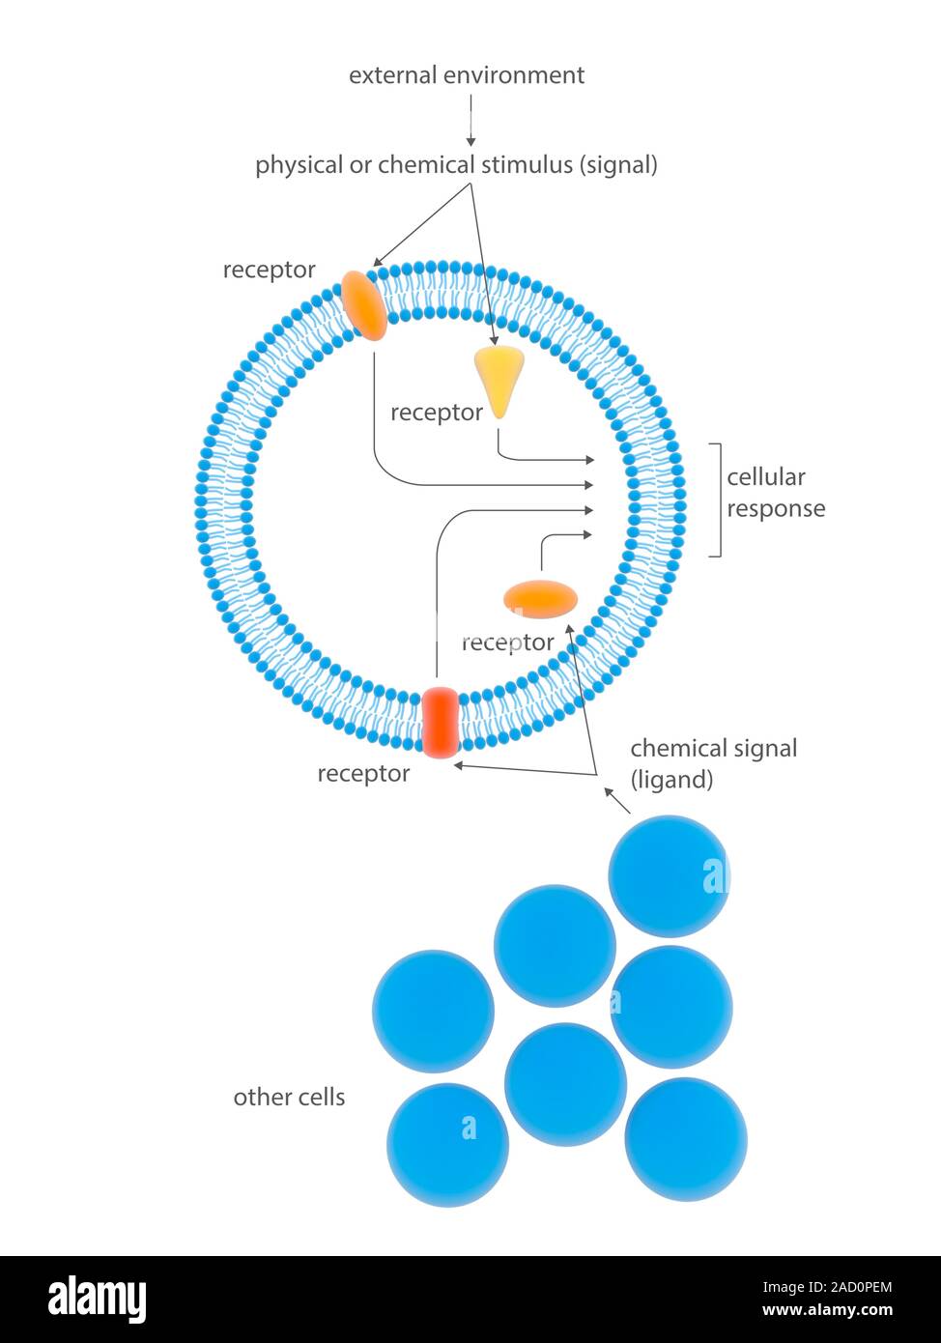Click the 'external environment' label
[x=466, y=75]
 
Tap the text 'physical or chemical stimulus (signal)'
[x=456, y=164]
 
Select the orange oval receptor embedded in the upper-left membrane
[x=363, y=304]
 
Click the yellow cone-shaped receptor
[x=499, y=377]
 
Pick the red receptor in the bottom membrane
[x=440, y=722]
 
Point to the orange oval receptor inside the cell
[x=541, y=599]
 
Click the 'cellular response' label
[x=775, y=493]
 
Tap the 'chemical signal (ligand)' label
[x=713, y=763]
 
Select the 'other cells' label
[x=289, y=1097]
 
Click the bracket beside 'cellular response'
[x=717, y=500]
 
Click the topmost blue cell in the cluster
[x=669, y=875]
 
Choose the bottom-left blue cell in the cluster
[x=447, y=1145]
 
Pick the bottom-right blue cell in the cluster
[x=685, y=1139]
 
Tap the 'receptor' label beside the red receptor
[x=363, y=773]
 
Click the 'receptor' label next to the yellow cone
[x=436, y=413]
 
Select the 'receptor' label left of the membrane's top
[x=269, y=270]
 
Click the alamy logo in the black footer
[x=97, y=1299]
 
